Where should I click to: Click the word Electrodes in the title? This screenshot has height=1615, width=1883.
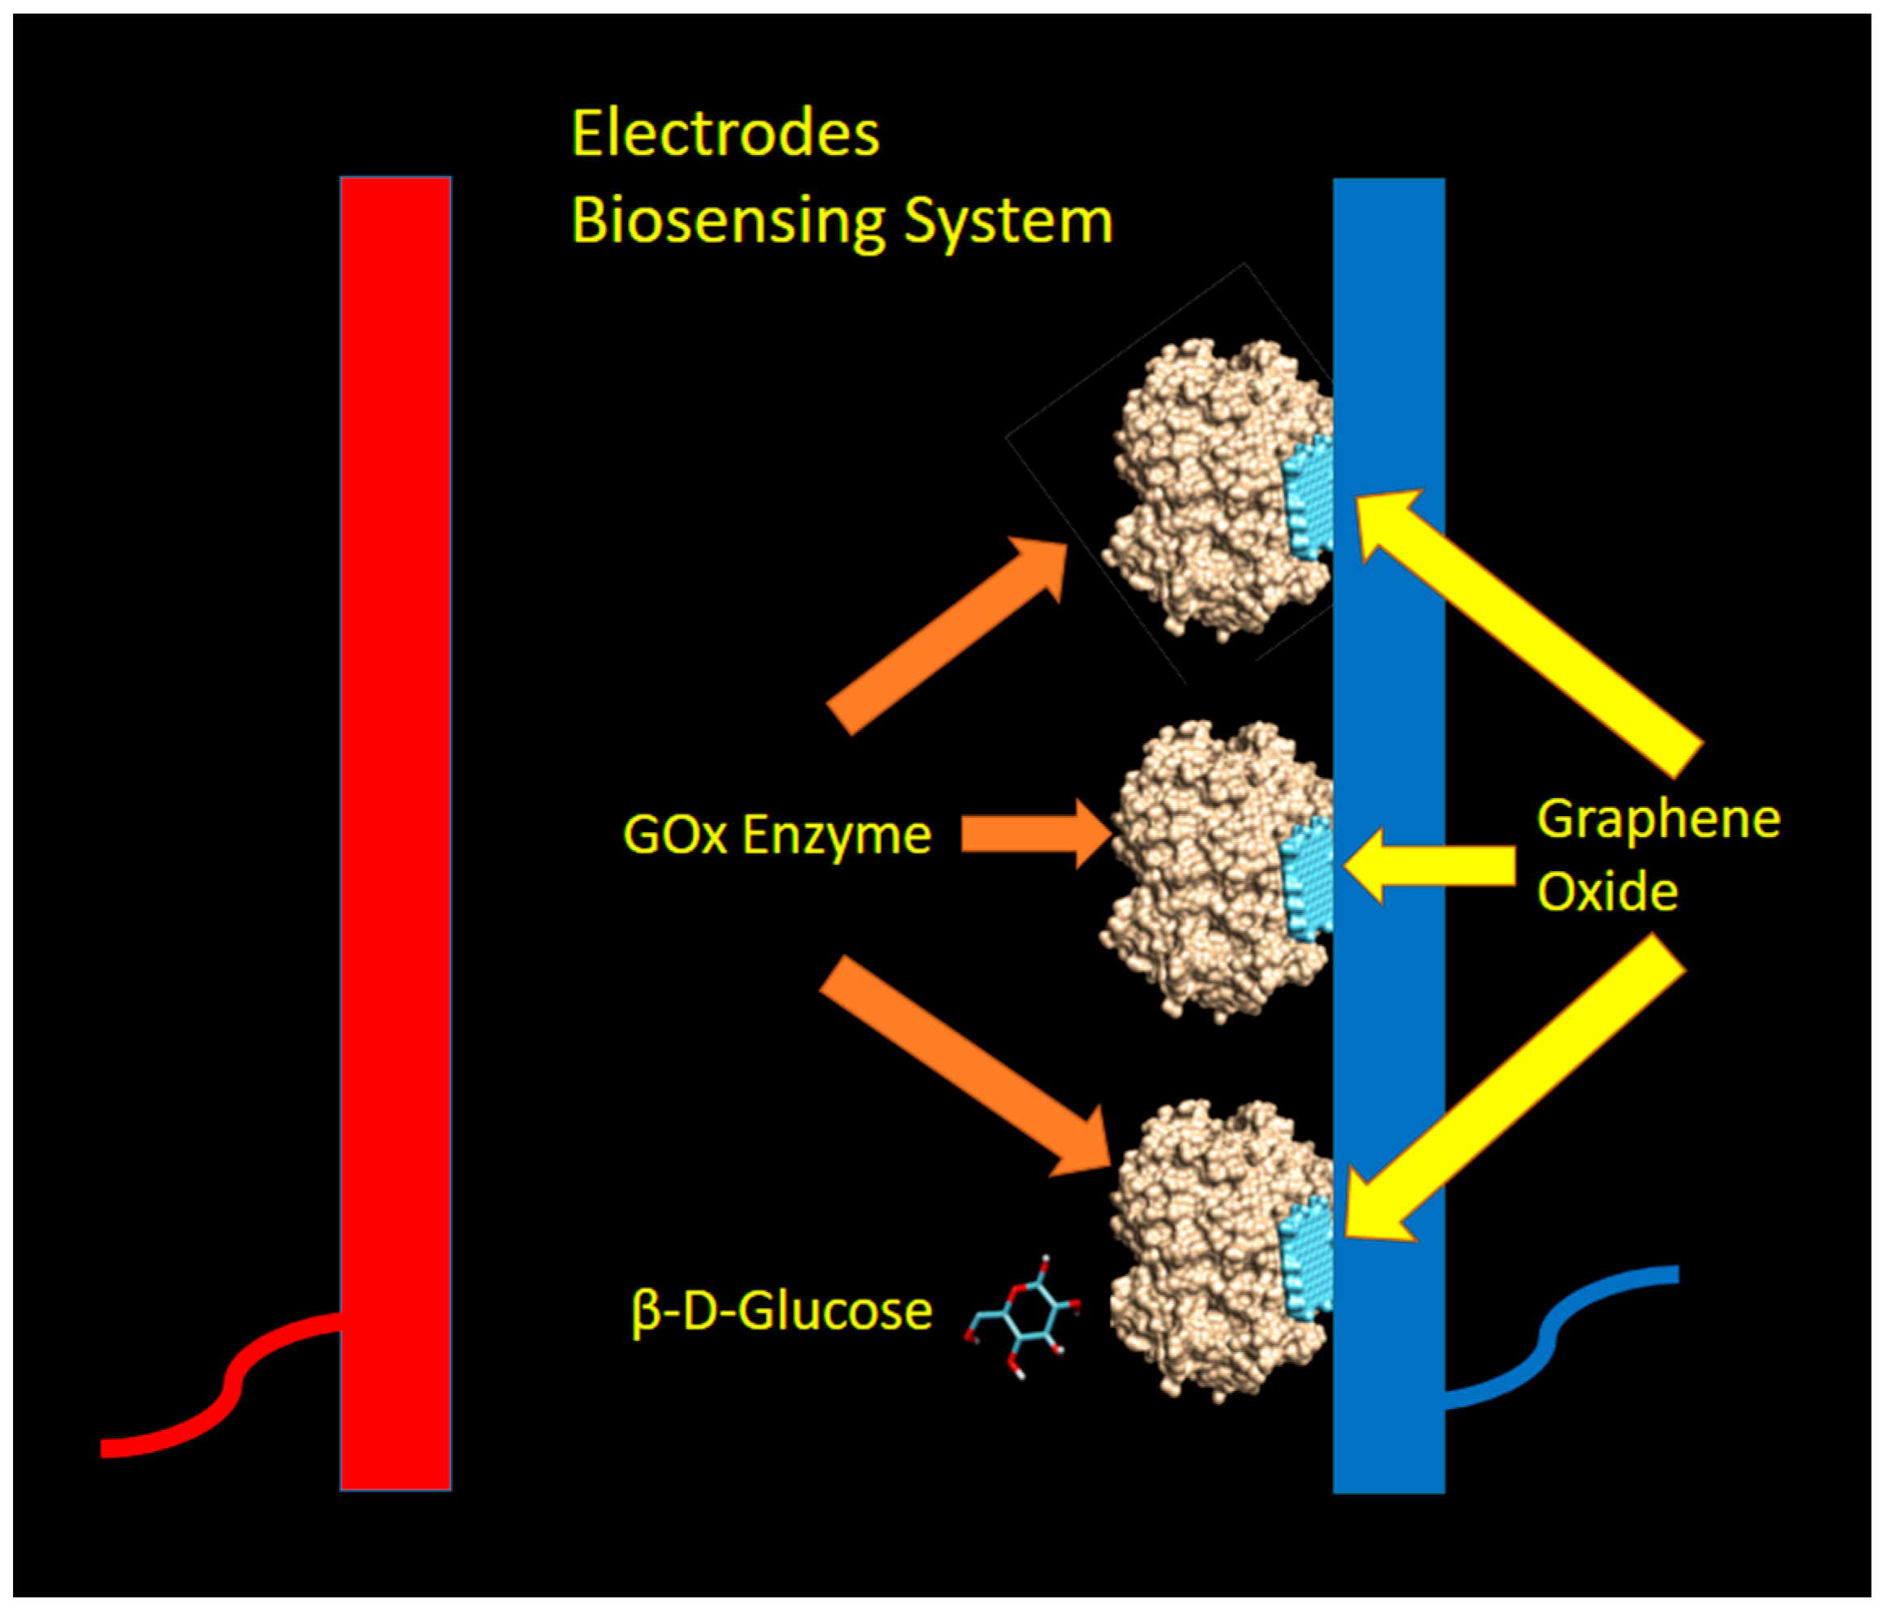(x=725, y=134)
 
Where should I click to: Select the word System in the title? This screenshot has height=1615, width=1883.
(x=1008, y=221)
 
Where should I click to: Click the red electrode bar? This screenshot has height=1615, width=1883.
(x=395, y=818)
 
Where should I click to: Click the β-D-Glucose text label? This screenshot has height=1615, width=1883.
(x=781, y=1311)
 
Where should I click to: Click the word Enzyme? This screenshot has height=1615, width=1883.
(x=837, y=835)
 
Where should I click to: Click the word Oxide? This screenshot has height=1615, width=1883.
(x=1606, y=891)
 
